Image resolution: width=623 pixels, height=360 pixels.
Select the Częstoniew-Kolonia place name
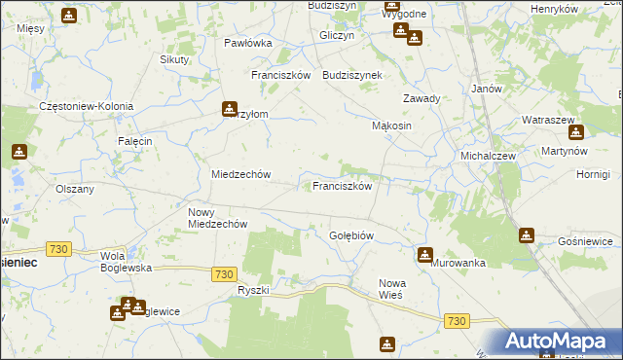tap(86, 106)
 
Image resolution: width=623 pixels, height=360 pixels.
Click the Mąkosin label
tap(392, 126)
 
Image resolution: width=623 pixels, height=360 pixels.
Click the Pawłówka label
tap(247, 43)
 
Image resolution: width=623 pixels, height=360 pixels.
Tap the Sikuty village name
tap(174, 59)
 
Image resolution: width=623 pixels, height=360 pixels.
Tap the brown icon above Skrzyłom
tap(230, 108)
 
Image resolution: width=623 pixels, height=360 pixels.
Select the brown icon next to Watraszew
tap(575, 132)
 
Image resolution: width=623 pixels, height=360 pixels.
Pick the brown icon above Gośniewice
tap(527, 234)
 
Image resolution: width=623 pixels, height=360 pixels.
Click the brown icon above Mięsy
tap(69, 16)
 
